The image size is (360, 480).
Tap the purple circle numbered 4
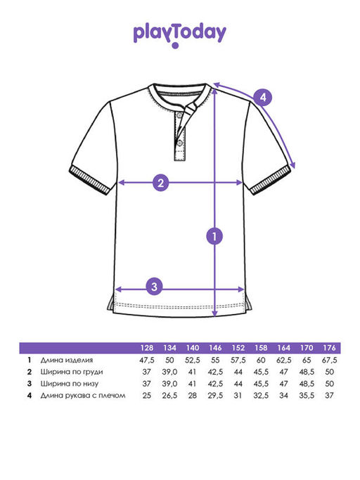(263, 98)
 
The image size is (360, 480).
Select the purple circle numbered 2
(160, 183)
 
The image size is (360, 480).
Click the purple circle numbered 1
(214, 236)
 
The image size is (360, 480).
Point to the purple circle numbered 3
(154, 287)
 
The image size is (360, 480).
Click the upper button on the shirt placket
(180, 115)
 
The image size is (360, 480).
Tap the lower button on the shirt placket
(179, 143)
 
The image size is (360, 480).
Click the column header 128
(147, 348)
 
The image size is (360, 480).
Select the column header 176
(329, 348)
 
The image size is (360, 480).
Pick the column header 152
(238, 348)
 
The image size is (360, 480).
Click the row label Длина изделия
(67, 360)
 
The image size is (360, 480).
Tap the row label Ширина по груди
(72, 372)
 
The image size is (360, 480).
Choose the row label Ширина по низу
(69, 384)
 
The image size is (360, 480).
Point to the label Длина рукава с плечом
(83, 396)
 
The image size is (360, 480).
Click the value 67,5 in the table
(329, 361)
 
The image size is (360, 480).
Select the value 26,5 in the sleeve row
(169, 396)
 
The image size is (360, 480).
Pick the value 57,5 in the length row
(238, 361)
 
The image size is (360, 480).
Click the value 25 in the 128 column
(147, 396)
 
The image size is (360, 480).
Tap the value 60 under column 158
(261, 361)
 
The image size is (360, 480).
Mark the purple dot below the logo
(175, 46)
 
